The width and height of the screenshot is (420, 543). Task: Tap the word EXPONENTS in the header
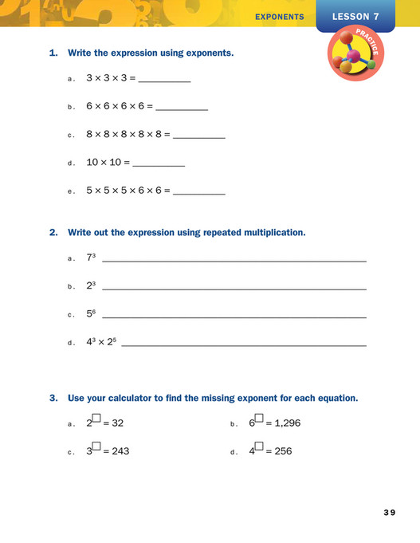coord(279,16)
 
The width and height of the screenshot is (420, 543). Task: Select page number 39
coord(388,512)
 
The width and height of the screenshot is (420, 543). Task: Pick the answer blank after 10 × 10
coord(159,164)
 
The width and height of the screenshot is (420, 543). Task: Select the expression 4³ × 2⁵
coord(101,343)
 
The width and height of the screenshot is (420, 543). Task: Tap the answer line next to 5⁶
coord(234,317)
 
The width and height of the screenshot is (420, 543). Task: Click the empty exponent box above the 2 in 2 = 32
coord(96,417)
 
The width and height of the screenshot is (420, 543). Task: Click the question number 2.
coord(53,233)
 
